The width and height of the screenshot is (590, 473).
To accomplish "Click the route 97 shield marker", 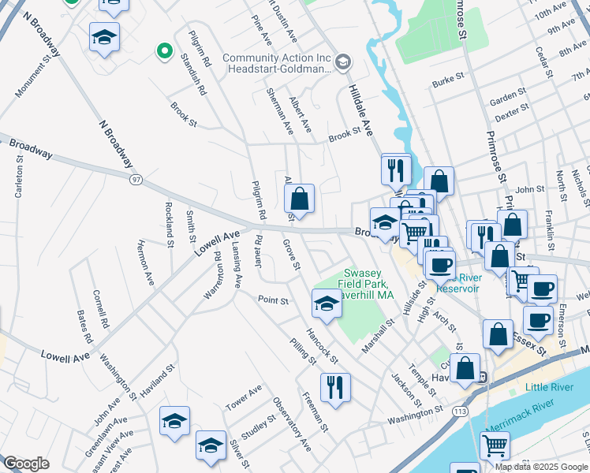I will [136, 180].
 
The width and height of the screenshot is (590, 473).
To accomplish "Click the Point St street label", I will [273, 300].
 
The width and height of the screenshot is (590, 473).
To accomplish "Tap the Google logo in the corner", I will [26, 464].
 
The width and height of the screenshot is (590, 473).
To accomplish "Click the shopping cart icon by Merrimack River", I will [495, 445].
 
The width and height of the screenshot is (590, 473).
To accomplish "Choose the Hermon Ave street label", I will [146, 263].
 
